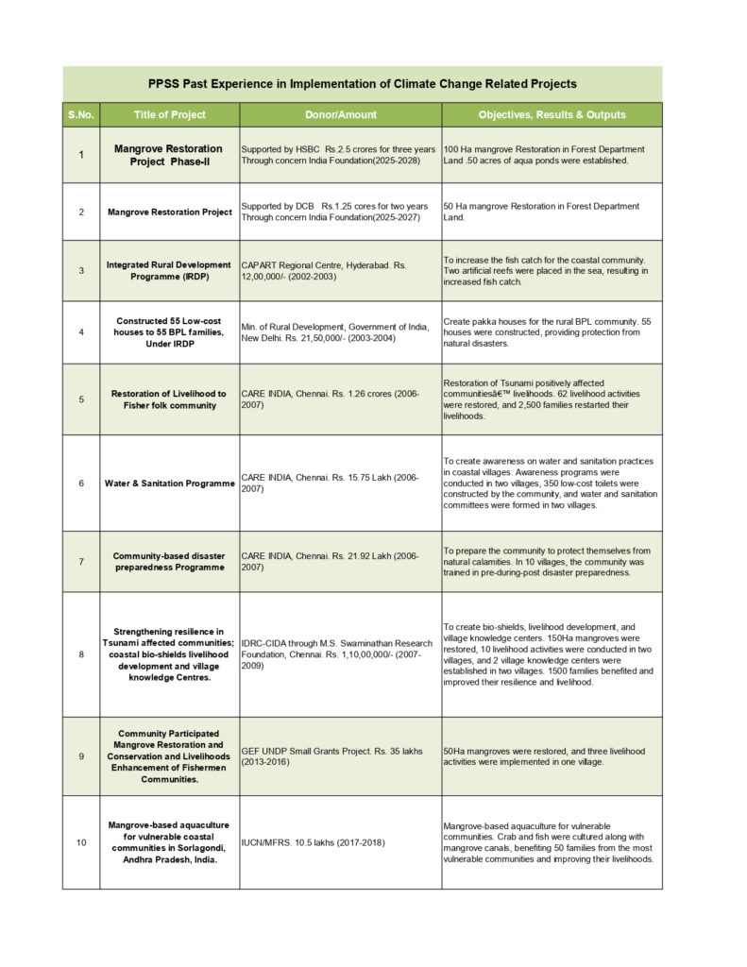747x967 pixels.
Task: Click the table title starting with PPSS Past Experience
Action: click(x=363, y=84)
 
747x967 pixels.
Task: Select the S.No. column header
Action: click(x=80, y=115)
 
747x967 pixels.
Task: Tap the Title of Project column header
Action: click(x=170, y=115)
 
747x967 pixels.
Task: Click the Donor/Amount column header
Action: click(x=340, y=115)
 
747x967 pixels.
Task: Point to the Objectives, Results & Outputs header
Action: click(x=552, y=115)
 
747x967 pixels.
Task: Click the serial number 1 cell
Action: click(x=80, y=155)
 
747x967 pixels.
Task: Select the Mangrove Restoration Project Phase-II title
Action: click(x=169, y=155)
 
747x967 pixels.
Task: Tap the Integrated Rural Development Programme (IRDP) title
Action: click(x=169, y=271)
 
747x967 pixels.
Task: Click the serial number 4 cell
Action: click(x=80, y=332)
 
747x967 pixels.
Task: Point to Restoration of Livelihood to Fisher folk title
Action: click(x=169, y=399)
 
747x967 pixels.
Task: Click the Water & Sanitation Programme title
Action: click(x=169, y=483)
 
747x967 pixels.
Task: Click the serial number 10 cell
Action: click(x=80, y=842)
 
